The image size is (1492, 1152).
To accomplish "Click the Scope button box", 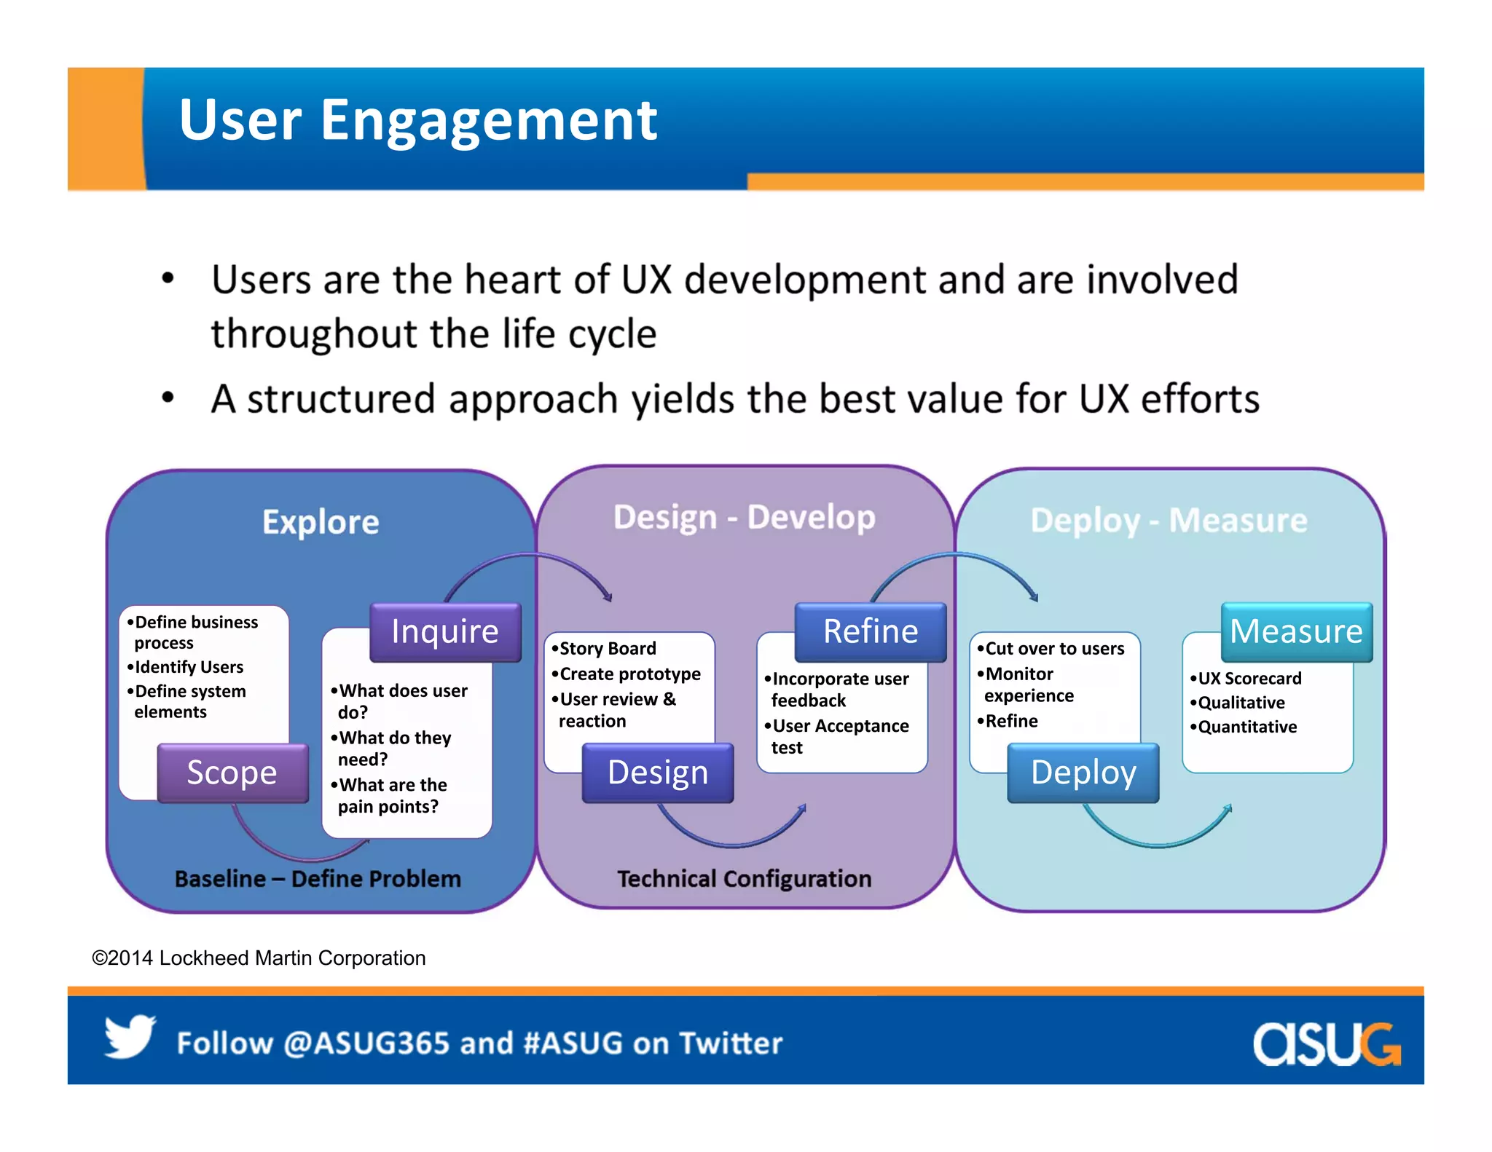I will (232, 773).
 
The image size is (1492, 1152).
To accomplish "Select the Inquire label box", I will (445, 631).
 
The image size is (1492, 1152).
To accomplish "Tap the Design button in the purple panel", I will (657, 773).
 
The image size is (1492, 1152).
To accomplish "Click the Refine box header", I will (870, 631).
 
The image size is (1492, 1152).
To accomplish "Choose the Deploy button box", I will (1083, 773).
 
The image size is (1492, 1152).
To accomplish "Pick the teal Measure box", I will (1296, 631).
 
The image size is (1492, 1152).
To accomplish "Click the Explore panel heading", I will (321, 522).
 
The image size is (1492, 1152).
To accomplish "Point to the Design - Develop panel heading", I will (744, 518).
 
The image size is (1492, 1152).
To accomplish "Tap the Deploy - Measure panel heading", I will (1169, 521).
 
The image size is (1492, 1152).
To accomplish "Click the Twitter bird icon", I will (130, 1036).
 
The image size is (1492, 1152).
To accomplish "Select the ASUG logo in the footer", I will (1326, 1043).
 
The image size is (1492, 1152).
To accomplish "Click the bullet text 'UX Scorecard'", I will (1249, 679).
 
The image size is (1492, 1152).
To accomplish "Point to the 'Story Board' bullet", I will (607, 648).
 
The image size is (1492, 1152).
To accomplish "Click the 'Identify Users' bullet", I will (189, 667).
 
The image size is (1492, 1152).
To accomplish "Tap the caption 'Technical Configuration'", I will (744, 879).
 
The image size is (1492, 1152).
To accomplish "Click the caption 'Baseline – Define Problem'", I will (318, 879).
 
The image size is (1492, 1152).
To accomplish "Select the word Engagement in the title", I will (488, 120).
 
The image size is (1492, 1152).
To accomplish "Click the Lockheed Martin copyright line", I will (259, 958).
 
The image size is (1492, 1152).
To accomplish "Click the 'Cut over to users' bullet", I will (1054, 648).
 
